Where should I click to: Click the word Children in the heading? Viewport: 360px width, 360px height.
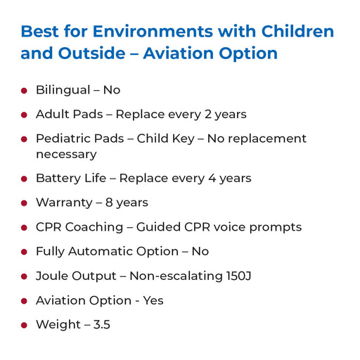point(297,31)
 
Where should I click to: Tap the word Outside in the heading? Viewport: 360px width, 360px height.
point(91,53)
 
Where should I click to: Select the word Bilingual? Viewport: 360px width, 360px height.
point(63,90)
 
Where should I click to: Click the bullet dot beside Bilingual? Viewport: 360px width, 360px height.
point(24,91)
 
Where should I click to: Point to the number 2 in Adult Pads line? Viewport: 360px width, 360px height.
point(208,114)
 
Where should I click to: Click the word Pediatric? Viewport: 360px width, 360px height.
point(80,139)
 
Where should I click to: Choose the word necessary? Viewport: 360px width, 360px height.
point(66,155)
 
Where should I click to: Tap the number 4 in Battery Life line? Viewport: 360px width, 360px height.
point(212,178)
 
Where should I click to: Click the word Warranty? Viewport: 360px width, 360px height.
point(64,202)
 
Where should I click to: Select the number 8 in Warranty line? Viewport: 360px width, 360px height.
point(109,202)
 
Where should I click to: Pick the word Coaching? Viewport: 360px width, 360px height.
point(94,227)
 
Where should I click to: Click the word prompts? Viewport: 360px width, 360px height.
point(276,228)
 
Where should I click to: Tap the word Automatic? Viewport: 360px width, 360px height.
point(101,251)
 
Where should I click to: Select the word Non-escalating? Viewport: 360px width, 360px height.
point(176,276)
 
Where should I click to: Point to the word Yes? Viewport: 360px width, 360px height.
point(153,300)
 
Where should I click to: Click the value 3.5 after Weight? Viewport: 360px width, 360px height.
point(102,325)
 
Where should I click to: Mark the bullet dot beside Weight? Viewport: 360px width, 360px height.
point(24,325)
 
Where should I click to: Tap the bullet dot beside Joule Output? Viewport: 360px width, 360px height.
point(24,276)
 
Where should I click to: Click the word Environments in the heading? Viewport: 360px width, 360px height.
point(153,31)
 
